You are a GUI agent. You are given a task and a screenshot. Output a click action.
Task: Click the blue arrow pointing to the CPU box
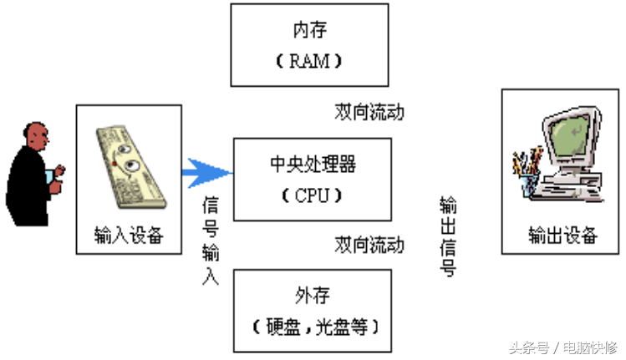(207, 173)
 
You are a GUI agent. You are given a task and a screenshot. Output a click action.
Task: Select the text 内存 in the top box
(310, 30)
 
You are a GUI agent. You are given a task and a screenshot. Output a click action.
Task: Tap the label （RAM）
(309, 61)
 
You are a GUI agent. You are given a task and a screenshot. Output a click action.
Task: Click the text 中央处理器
(313, 164)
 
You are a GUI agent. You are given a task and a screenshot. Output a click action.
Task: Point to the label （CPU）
(313, 195)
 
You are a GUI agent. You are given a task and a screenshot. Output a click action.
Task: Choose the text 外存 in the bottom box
(313, 296)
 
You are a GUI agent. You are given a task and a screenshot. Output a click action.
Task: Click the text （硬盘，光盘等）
(315, 327)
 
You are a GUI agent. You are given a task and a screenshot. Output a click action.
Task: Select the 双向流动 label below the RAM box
(369, 112)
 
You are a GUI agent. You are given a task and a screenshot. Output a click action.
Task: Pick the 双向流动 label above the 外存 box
(369, 245)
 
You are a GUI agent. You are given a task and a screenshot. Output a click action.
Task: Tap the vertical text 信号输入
(211, 241)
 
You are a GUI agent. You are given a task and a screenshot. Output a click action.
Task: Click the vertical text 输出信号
(448, 236)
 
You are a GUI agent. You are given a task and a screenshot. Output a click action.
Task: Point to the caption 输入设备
(129, 235)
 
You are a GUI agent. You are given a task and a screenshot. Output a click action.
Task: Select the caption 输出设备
(563, 235)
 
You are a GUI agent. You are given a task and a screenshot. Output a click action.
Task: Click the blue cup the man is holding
(49, 177)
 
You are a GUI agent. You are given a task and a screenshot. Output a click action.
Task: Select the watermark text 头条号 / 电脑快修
(563, 347)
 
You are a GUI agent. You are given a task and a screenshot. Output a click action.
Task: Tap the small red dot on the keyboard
(115, 164)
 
